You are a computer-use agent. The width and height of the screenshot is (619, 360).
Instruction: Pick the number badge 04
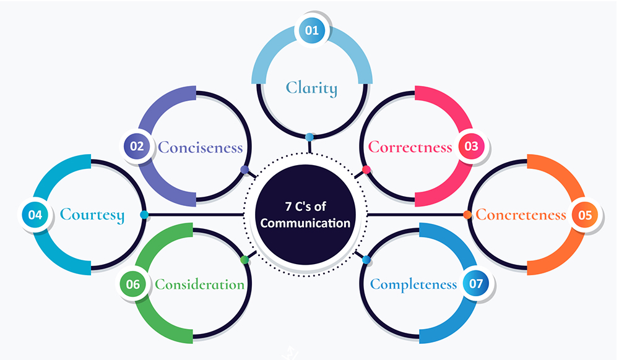(x=35, y=215)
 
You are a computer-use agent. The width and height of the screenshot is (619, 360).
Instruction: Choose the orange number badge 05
(x=585, y=215)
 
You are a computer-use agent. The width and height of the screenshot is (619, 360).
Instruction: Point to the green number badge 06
(x=133, y=285)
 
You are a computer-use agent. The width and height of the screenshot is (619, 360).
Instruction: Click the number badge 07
(x=476, y=284)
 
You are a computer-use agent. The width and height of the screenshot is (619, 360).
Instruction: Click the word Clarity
(x=312, y=88)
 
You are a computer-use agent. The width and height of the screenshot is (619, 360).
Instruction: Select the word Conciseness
(x=200, y=147)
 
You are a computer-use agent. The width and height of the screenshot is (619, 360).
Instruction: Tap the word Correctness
(x=410, y=147)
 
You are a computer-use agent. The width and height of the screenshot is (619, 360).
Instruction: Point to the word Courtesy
(x=92, y=215)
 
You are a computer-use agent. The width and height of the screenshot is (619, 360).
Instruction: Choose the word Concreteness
(x=521, y=215)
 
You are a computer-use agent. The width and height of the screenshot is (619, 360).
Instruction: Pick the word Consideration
(x=200, y=285)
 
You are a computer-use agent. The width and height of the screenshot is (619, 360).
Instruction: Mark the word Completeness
(x=413, y=285)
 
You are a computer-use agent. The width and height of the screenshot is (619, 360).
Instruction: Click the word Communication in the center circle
(x=305, y=223)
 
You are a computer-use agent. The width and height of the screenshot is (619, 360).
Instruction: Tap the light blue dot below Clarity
(x=309, y=136)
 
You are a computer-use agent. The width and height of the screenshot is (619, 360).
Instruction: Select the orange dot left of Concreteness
(x=467, y=215)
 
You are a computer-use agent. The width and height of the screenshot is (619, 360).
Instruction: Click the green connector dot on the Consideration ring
(x=245, y=259)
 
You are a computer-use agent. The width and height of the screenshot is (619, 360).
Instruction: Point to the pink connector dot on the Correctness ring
(x=366, y=169)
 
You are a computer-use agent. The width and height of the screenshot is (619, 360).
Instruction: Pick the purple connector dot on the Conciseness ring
(x=245, y=169)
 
